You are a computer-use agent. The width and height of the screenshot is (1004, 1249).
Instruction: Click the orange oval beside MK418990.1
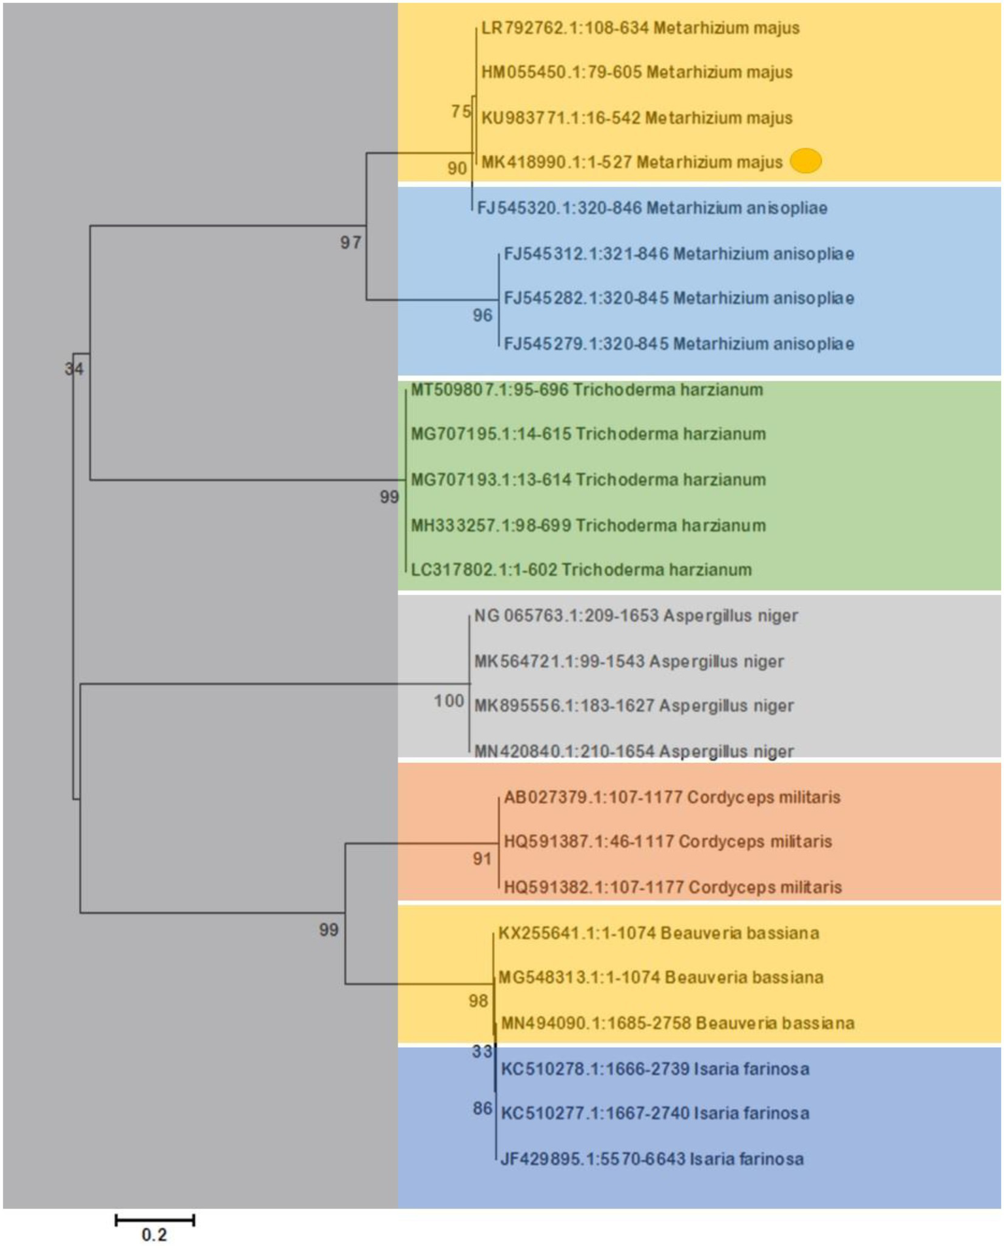[806, 161]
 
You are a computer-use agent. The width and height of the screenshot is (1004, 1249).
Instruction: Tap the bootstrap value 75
[460, 112]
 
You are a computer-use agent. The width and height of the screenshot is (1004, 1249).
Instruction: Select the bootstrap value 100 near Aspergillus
[449, 701]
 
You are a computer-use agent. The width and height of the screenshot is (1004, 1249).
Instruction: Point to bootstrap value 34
[74, 369]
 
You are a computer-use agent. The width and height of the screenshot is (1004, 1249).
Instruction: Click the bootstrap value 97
[351, 243]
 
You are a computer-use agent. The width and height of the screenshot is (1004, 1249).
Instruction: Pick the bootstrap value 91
[482, 859]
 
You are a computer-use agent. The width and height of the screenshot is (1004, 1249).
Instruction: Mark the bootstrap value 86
[483, 1108]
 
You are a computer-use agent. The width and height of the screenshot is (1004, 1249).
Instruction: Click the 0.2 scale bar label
[154, 1235]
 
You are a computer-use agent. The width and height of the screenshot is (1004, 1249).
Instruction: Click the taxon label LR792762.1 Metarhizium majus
[640, 28]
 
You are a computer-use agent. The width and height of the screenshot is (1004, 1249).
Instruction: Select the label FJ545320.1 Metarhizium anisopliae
[651, 208]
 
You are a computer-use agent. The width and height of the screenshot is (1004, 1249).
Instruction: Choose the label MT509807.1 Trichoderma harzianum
[586, 390]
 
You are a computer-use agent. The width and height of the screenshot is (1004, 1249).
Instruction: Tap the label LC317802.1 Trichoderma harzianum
[581, 570]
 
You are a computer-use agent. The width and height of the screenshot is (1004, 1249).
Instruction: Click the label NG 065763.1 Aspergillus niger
[636, 616]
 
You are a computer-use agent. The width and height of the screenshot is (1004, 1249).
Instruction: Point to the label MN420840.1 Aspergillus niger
[633, 751]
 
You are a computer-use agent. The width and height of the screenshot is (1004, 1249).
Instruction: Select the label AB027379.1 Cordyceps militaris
[672, 797]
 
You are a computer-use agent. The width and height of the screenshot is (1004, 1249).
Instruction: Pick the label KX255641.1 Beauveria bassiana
[658, 933]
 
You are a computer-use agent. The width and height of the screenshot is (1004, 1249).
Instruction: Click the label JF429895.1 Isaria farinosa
[651, 1159]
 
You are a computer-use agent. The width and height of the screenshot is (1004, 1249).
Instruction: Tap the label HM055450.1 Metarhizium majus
[636, 72]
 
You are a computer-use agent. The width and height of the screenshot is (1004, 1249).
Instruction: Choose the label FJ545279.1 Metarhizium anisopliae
[678, 344]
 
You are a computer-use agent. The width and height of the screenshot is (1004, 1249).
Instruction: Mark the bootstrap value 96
[482, 316]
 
